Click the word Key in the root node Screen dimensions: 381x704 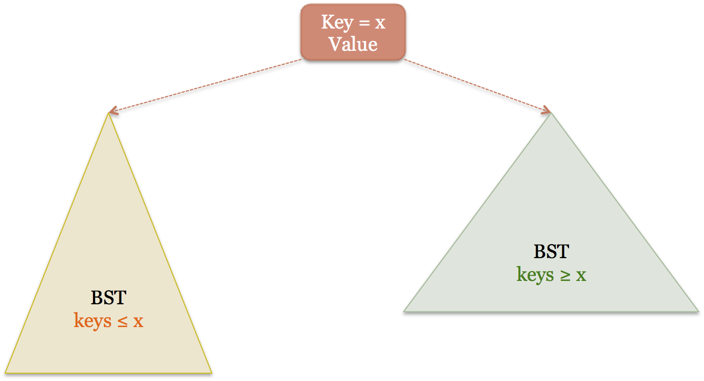click(x=335, y=23)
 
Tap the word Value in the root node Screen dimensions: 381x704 click(x=353, y=45)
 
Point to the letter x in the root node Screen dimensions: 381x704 click(x=380, y=24)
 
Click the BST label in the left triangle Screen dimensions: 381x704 click(x=109, y=298)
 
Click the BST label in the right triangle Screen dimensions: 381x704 click(x=551, y=252)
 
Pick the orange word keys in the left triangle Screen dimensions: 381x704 click(x=92, y=321)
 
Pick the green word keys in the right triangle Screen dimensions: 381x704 click(x=535, y=275)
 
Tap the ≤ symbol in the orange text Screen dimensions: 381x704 click(x=121, y=321)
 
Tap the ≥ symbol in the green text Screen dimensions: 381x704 click(x=564, y=275)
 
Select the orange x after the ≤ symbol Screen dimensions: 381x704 click(x=138, y=322)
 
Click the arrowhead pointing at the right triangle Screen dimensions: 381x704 click(x=547, y=110)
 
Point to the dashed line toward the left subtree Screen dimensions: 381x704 click(x=208, y=86)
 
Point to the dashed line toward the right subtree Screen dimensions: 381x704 click(x=475, y=85)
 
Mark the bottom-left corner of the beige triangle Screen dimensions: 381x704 click(x=6, y=372)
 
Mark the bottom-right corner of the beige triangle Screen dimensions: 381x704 click(x=211, y=372)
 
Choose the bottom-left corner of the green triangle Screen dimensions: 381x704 click(x=404, y=311)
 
